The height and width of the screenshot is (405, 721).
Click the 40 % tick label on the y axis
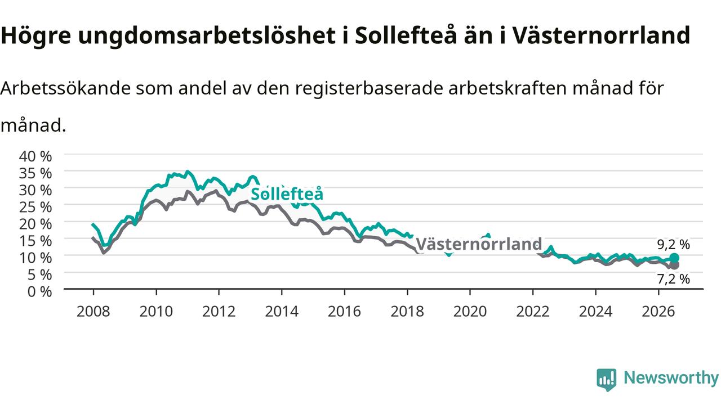tap(35, 156)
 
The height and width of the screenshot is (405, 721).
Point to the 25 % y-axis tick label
tap(35, 208)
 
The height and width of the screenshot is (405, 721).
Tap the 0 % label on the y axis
tap(39, 292)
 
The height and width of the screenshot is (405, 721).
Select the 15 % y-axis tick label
tap(35, 241)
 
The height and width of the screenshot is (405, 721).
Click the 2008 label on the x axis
tap(94, 312)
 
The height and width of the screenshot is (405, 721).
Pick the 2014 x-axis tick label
tap(282, 312)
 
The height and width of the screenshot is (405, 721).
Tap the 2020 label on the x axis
tap(470, 312)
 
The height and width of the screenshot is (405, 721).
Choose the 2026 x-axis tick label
tap(658, 312)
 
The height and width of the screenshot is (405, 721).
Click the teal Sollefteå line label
tap(287, 194)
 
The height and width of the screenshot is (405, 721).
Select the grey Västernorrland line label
tap(479, 244)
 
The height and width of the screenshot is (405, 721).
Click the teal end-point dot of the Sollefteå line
tap(674, 258)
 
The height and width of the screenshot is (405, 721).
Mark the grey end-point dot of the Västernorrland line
tap(674, 265)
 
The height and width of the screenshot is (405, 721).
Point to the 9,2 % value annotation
tap(673, 245)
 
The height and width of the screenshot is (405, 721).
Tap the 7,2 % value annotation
tap(673, 279)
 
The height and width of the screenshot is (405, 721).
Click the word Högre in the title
tap(35, 35)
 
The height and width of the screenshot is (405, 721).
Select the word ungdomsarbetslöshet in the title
tap(207, 35)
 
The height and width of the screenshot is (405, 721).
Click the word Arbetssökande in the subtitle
tap(65, 88)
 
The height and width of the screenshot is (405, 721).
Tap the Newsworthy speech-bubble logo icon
tap(607, 380)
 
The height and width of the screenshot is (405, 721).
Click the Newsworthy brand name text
tap(671, 378)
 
